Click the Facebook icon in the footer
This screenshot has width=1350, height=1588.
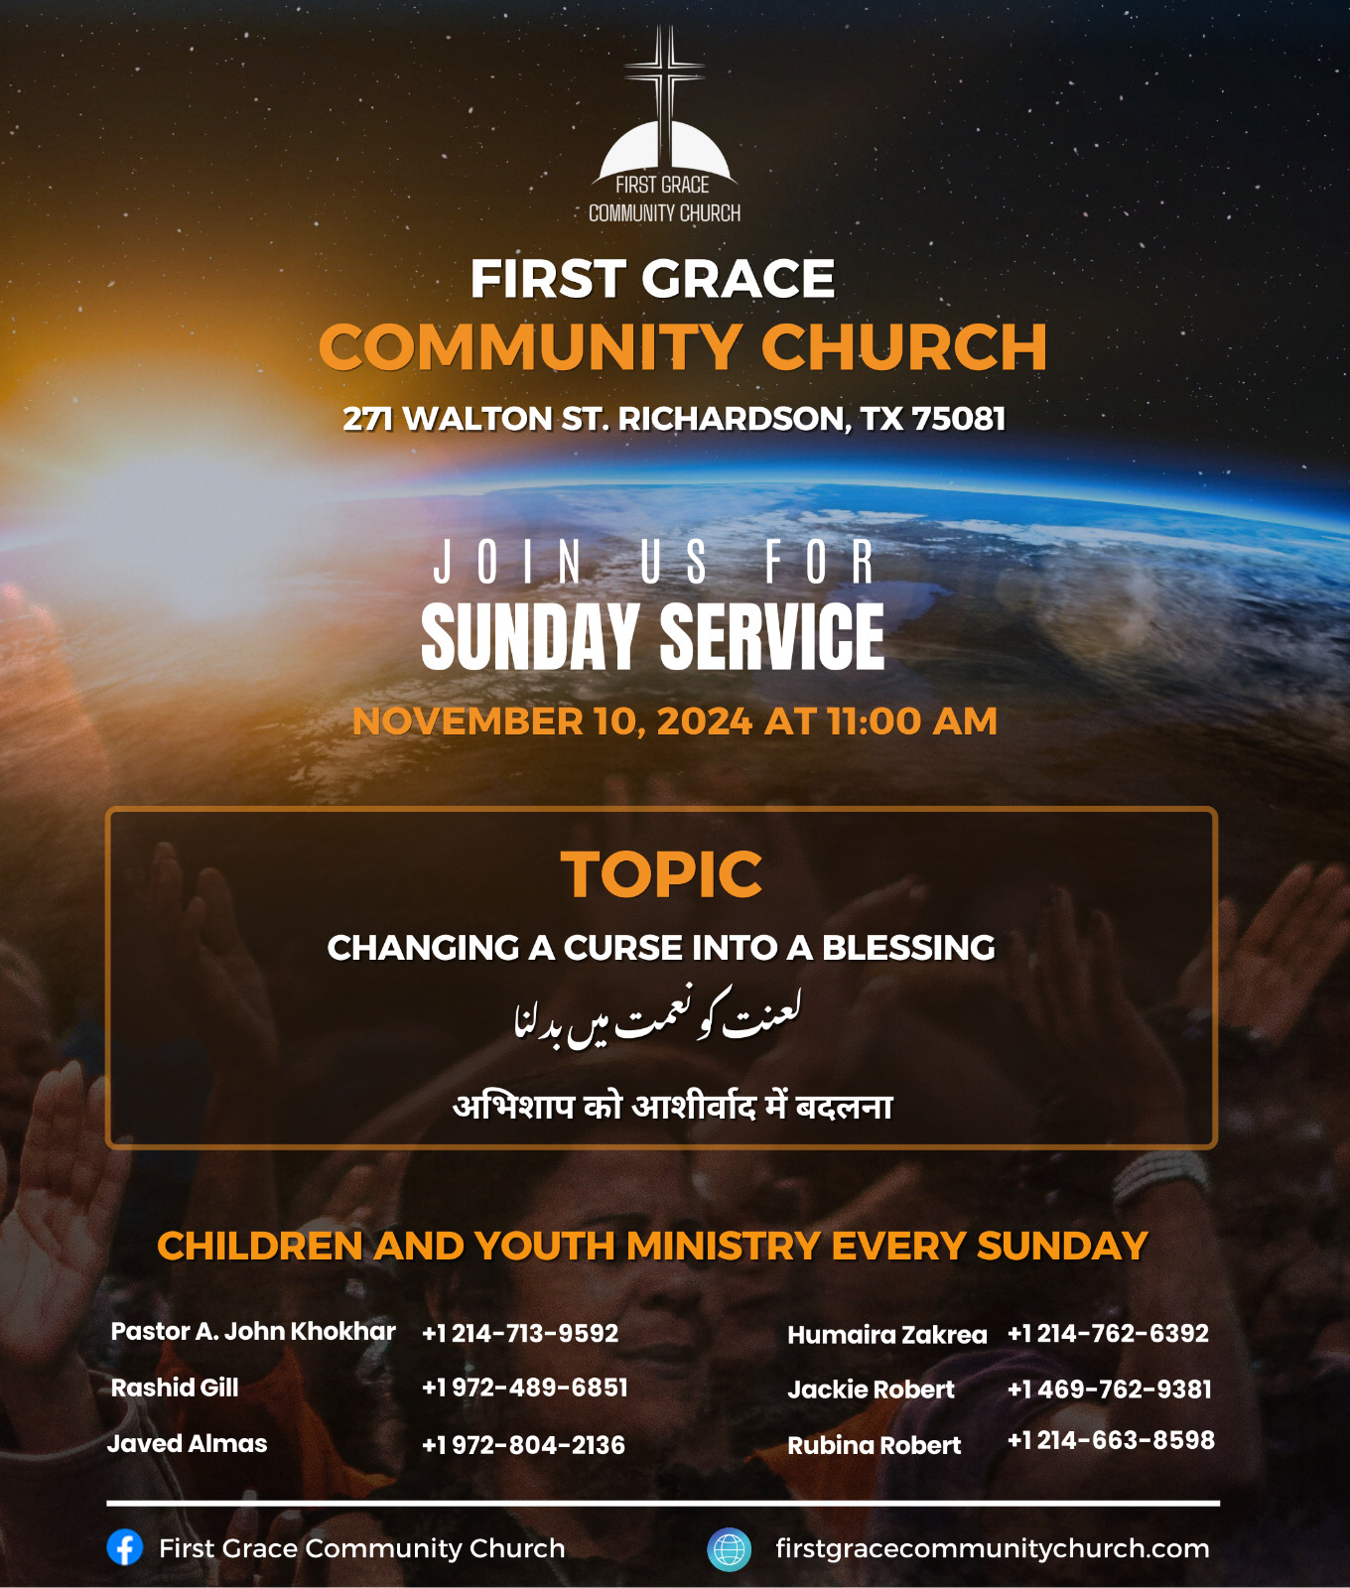[125, 1547]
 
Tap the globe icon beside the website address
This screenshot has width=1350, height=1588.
[729, 1549]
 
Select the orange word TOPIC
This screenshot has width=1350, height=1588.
[661, 874]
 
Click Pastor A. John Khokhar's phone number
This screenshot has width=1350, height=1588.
[520, 1333]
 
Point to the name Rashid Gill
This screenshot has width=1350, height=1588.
[175, 1388]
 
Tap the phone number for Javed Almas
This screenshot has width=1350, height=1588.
[524, 1445]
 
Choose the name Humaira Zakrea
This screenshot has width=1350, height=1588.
[887, 1335]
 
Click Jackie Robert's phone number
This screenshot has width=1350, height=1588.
[1110, 1389]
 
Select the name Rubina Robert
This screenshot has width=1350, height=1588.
[875, 1445]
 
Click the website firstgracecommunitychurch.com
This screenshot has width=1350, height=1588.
[993, 1548]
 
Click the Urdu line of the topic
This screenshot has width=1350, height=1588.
[657, 1016]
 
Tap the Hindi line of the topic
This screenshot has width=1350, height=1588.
[673, 1105]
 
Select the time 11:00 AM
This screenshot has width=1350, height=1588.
[912, 722]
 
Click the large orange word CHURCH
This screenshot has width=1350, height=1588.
[904, 347]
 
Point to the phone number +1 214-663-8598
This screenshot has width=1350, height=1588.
[1111, 1440]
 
